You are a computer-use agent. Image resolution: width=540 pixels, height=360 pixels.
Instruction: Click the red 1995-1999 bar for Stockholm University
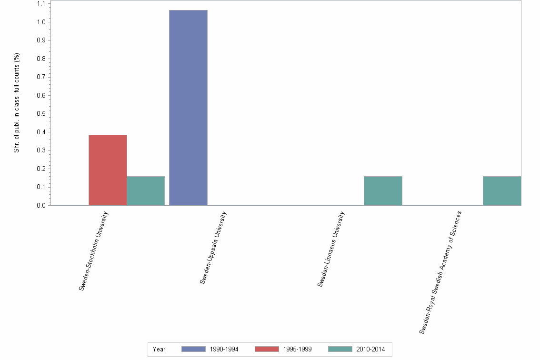point(108,170)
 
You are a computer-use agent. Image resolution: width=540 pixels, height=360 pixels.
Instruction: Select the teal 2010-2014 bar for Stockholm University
point(146,191)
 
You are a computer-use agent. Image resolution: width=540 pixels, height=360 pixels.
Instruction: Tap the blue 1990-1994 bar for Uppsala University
point(188,108)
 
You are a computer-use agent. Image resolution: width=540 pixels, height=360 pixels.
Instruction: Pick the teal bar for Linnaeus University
point(383,191)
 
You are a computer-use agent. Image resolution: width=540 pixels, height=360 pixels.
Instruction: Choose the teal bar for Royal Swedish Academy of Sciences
point(502,191)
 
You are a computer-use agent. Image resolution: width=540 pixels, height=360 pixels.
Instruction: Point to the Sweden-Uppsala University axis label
point(213,248)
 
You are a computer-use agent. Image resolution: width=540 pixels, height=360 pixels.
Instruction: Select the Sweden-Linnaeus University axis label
point(330,250)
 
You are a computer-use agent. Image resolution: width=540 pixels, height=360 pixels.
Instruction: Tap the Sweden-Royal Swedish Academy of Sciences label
point(440,272)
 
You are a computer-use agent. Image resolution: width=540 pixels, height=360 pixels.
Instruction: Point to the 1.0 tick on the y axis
point(41,22)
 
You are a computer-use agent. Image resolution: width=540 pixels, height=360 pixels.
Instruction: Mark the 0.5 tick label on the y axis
point(41,114)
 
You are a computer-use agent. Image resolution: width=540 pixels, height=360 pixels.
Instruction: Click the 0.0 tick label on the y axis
point(41,205)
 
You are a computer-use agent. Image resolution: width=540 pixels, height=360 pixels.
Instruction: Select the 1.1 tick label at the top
point(41,4)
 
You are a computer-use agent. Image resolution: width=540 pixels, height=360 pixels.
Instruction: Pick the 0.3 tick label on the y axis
point(41,150)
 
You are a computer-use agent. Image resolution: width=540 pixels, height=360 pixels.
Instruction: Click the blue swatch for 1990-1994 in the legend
point(193,349)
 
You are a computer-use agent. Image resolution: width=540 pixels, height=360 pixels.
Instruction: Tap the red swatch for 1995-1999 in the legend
point(267,349)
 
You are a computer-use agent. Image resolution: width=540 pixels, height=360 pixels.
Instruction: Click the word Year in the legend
point(159,350)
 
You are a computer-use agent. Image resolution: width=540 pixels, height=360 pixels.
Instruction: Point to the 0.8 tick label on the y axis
point(41,59)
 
